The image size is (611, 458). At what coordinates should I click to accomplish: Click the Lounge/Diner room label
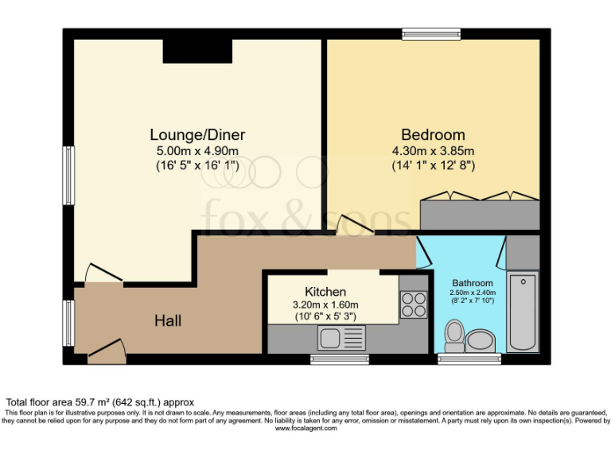[197, 134]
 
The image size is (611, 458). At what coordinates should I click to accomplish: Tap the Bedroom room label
[433, 134]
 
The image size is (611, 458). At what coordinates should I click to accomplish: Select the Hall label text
[168, 320]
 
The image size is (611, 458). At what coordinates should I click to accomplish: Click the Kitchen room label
[325, 292]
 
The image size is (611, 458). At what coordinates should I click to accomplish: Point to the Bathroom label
[473, 283]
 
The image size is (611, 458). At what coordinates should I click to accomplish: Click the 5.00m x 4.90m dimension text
[197, 151]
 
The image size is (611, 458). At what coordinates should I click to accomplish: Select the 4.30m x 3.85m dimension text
[433, 151]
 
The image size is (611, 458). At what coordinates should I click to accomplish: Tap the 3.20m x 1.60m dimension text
[325, 305]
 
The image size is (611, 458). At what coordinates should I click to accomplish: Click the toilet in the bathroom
[455, 335]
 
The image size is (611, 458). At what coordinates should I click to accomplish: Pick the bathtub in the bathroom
[523, 311]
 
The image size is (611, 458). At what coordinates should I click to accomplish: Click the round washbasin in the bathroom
[480, 341]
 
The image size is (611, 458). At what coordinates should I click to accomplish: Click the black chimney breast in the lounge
[197, 51]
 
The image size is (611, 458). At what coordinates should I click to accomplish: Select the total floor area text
[100, 402]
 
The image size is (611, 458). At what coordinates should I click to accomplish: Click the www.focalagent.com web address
[305, 429]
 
